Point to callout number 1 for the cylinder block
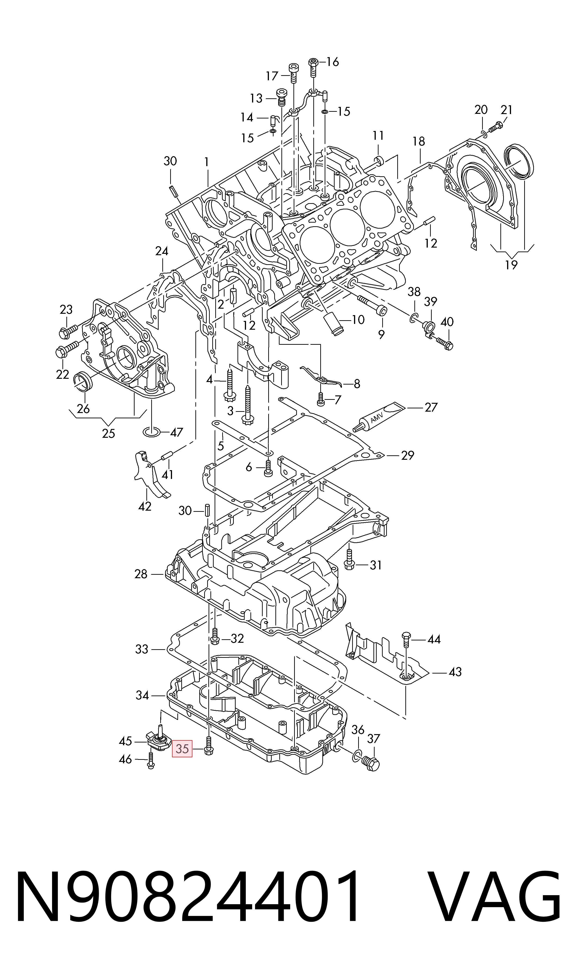pyautogui.click(x=207, y=162)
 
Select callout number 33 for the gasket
pyautogui.click(x=142, y=649)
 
